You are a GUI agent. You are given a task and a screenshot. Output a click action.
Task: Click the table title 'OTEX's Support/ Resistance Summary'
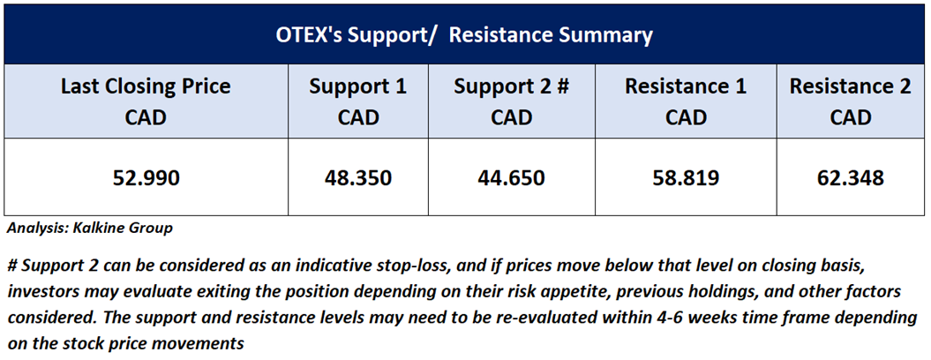[464, 35]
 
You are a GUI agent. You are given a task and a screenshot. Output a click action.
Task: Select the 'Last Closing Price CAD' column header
[146, 101]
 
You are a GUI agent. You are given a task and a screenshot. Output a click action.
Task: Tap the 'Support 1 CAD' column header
[358, 101]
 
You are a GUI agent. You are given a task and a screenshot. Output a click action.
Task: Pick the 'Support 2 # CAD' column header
[511, 101]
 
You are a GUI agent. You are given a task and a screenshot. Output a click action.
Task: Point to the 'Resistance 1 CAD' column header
[686, 101]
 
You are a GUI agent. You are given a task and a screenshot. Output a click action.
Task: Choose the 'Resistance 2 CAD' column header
[850, 101]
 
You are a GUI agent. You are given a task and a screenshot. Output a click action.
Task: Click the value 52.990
[146, 177]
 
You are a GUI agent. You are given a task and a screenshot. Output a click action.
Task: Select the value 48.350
[358, 177]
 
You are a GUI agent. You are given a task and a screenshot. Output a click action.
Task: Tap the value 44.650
[511, 177]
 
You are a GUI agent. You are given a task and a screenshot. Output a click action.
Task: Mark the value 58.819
[686, 177]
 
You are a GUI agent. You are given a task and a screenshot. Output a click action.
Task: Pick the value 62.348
[850, 177]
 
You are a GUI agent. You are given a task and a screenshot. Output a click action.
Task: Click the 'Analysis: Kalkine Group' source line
[90, 229]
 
